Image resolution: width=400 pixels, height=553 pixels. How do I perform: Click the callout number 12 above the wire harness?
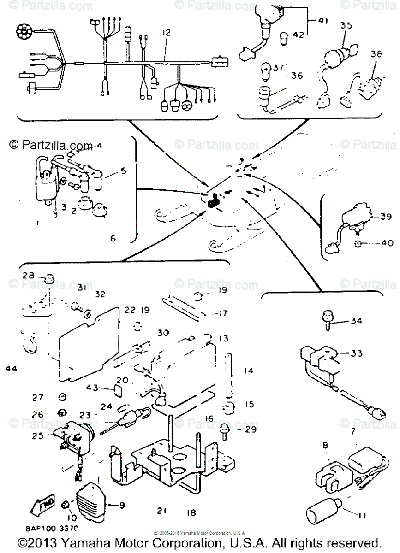pyautogui.click(x=166, y=33)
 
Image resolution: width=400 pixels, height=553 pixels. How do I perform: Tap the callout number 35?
pyautogui.click(x=346, y=26)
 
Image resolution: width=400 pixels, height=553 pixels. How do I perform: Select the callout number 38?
pyautogui.click(x=376, y=54)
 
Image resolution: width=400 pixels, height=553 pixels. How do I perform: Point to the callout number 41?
pyautogui.click(x=323, y=20)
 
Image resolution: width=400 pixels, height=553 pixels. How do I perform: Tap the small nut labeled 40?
pyautogui.click(x=359, y=242)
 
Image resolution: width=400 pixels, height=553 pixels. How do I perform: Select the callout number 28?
pyautogui.click(x=29, y=276)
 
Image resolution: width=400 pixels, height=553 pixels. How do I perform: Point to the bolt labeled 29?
pyautogui.click(x=225, y=430)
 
